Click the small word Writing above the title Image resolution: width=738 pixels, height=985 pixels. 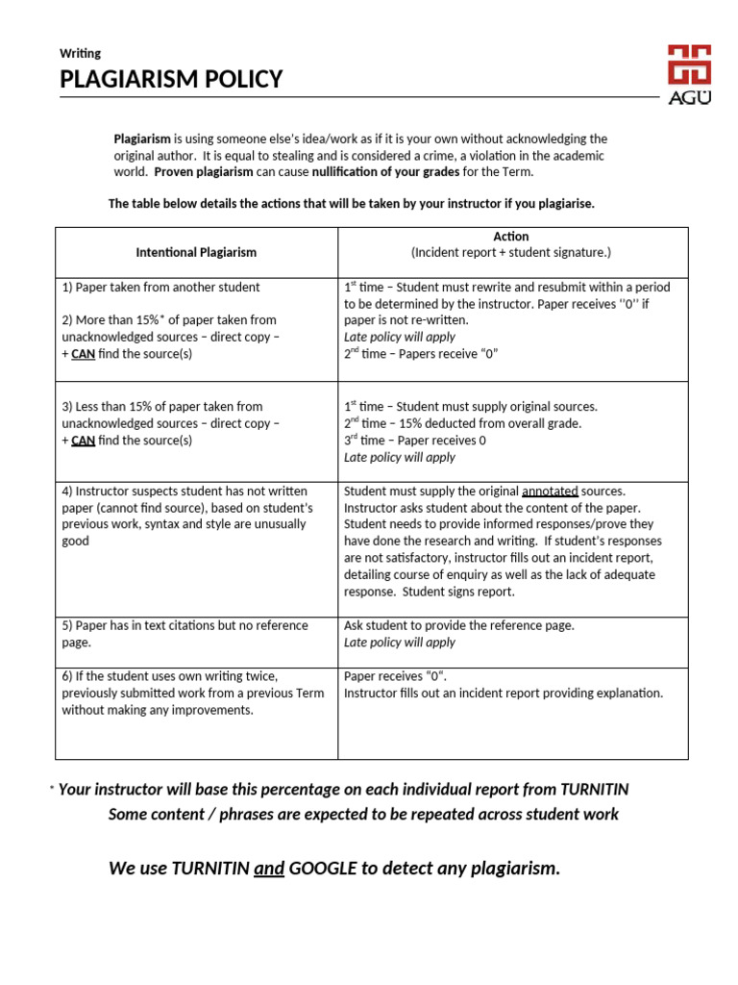[x=80, y=53]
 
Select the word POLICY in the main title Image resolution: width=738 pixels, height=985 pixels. [x=237, y=80]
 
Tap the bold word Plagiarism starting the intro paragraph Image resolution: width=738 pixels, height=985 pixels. [x=142, y=139]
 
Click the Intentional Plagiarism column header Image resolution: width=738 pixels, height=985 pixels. [x=196, y=252]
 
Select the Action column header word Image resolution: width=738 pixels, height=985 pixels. [x=511, y=236]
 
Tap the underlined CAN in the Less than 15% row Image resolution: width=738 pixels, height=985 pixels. [x=83, y=441]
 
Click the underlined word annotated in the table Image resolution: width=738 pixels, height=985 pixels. [x=550, y=491]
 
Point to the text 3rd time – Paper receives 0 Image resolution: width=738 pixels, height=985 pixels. [x=415, y=441]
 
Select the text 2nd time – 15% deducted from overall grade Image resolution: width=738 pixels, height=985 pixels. [x=462, y=423]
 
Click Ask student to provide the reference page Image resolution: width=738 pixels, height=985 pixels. [x=458, y=625]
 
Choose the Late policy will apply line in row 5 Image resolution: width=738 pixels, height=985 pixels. [x=400, y=643]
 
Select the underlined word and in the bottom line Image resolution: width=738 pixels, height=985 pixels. [x=269, y=869]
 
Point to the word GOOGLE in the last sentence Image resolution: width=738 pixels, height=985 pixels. [x=323, y=869]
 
